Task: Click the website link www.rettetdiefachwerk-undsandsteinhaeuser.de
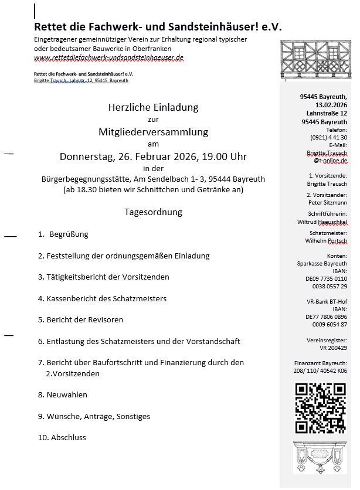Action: pos(109,58)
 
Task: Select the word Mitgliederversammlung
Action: pos(153,132)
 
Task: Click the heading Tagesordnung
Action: pos(153,212)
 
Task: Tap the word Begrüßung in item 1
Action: pos(69,234)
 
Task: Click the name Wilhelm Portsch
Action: pos(326,241)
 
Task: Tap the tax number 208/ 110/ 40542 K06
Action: pos(321,370)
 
